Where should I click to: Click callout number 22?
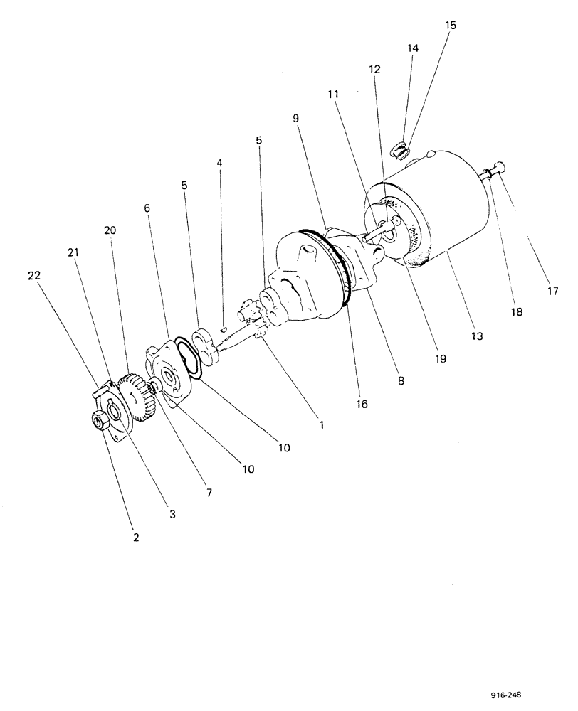32,276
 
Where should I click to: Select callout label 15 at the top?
451,25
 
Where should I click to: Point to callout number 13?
477,334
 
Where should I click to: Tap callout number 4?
219,162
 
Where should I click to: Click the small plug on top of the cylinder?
401,151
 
